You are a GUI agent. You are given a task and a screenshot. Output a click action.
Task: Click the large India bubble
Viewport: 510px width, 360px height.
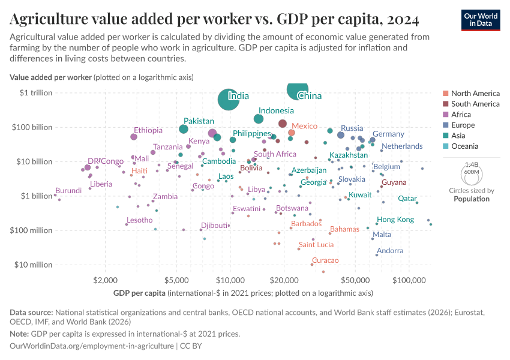pyautogui.click(x=227, y=99)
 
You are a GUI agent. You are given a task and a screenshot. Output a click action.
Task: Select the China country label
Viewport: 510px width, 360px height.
pyautogui.click(x=310, y=96)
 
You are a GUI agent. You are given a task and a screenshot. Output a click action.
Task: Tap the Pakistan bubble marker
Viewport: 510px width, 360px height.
pyautogui.click(x=184, y=129)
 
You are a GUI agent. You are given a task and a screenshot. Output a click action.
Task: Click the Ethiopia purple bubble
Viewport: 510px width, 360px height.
pyautogui.click(x=134, y=137)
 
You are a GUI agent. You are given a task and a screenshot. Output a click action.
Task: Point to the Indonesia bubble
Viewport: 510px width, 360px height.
pyautogui.click(x=259, y=119)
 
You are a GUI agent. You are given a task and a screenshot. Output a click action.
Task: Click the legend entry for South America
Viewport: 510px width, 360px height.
pyautogui.click(x=475, y=104)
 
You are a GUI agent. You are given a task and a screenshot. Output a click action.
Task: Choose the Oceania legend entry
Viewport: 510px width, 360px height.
pyautogui.click(x=464, y=146)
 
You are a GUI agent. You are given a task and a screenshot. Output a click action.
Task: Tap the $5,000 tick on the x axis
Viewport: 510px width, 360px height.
pyautogui.click(x=178, y=280)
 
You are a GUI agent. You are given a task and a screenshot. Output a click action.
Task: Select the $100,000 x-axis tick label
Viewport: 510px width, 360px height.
pyautogui.click(x=409, y=280)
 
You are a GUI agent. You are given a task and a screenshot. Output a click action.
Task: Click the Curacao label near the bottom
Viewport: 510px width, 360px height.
pyautogui.click(x=325, y=260)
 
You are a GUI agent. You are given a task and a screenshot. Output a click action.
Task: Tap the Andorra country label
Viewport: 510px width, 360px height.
pyautogui.click(x=390, y=251)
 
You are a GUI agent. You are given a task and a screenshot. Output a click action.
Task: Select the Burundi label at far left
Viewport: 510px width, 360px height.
pyautogui.click(x=68, y=190)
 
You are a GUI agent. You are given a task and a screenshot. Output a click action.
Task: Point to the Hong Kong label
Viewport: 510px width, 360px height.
pyautogui.click(x=395, y=220)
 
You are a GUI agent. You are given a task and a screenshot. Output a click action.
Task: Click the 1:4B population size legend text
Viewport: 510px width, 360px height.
pyautogui.click(x=472, y=164)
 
